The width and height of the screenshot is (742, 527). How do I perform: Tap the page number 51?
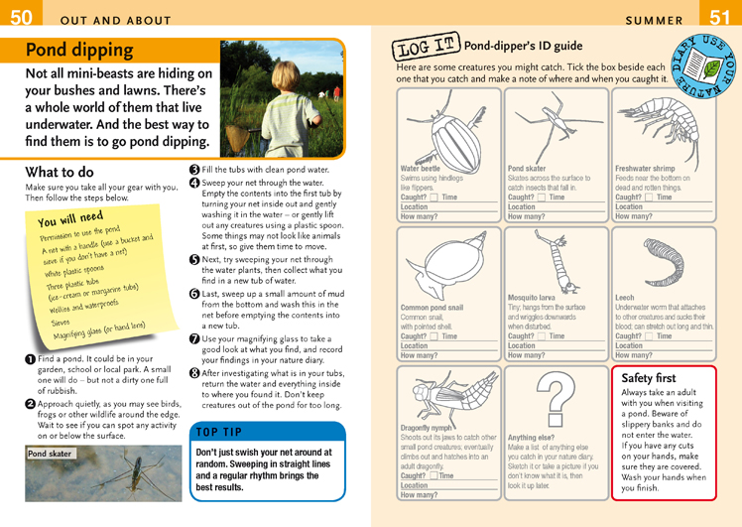click(x=721, y=17)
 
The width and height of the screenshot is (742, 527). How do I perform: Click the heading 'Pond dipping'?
click(x=79, y=51)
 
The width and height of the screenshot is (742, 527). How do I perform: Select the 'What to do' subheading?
click(x=60, y=172)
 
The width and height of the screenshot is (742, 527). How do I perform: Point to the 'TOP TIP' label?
click(x=221, y=433)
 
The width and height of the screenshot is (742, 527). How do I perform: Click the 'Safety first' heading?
click(x=648, y=378)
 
